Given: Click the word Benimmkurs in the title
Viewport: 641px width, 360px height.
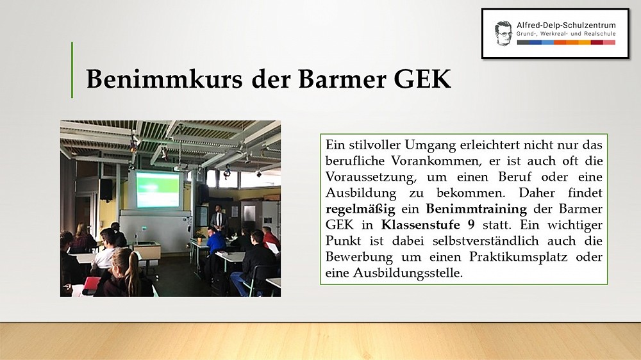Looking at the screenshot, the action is point(164,78).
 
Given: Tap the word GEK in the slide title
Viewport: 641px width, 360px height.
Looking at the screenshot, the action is point(422,78).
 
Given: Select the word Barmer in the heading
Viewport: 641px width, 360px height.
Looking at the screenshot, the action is point(342,78).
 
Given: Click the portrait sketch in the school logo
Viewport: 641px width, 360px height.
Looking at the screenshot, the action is point(503,33).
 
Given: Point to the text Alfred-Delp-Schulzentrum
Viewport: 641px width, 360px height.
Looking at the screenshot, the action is point(566,26).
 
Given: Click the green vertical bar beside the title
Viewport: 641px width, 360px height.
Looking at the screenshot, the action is point(72,70).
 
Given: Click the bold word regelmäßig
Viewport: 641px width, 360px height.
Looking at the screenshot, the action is point(360,209).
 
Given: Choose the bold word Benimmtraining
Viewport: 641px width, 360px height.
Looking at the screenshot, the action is point(476,209).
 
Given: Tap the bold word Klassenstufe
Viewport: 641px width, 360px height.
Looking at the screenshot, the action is point(420,225).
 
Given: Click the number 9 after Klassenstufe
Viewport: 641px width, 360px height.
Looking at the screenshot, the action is point(471,225).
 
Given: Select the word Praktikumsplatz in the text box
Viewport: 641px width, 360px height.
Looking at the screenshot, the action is point(519,257).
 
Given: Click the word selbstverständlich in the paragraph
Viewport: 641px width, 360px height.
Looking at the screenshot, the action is point(486,241).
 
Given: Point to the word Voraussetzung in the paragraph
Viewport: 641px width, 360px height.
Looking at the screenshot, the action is point(371,177).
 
